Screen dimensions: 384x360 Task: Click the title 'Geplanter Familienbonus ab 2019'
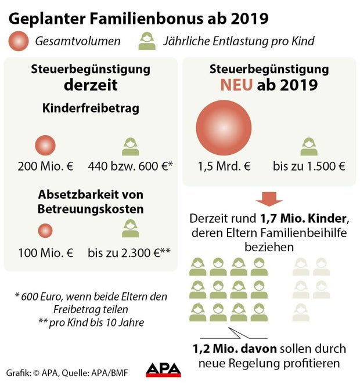(x=138, y=19)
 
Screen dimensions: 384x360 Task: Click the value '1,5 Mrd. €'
(x=224, y=166)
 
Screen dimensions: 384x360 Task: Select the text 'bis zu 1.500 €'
(x=309, y=166)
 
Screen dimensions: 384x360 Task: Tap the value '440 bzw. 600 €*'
(x=131, y=166)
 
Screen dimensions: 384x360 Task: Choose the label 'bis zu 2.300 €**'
(x=131, y=253)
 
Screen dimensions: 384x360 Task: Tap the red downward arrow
(x=269, y=199)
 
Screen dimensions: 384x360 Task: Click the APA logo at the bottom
(x=163, y=369)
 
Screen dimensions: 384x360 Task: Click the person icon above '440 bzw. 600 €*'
(x=130, y=146)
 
